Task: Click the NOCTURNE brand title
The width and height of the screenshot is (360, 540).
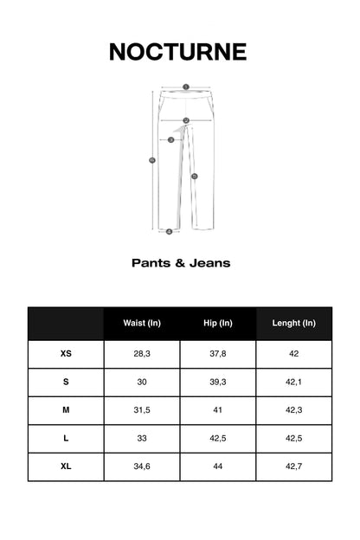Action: point(177,52)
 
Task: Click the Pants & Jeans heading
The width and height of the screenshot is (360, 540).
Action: point(180,262)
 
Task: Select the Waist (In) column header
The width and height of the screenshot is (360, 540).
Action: point(142,323)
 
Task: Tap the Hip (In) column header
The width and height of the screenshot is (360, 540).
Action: point(218,323)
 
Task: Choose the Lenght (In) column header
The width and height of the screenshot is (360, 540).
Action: point(293,323)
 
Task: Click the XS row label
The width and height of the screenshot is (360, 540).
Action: point(66,354)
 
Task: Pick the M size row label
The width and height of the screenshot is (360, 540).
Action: point(66,410)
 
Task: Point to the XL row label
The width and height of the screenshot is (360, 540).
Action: point(66,466)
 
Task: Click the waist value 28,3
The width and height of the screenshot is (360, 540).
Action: point(142,354)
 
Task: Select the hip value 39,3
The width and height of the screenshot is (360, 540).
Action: point(218,382)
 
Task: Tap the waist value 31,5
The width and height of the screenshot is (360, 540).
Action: point(142,410)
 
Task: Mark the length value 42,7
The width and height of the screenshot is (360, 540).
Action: point(293,466)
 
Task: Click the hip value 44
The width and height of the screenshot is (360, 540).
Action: point(218,466)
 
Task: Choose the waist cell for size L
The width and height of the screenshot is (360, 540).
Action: point(142,439)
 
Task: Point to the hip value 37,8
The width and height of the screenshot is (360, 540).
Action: point(218,354)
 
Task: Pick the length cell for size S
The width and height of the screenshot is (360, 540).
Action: point(293,382)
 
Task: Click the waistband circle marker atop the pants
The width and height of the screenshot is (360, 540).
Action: point(185,87)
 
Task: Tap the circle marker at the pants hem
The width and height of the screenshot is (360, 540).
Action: point(169,231)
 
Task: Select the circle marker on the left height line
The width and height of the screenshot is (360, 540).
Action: point(152,160)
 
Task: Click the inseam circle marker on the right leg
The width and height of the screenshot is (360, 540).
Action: point(195,176)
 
